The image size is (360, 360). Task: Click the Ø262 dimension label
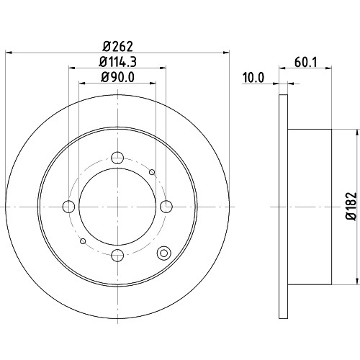pyautogui.click(x=117, y=46)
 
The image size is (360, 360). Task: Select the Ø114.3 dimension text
pyautogui.click(x=117, y=62)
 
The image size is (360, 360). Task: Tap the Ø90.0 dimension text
pyautogui.click(x=117, y=77)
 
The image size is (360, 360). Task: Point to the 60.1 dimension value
pyautogui.click(x=306, y=62)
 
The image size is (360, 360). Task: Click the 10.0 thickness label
pyautogui.click(x=253, y=78)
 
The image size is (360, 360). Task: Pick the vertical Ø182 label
pyautogui.click(x=351, y=206)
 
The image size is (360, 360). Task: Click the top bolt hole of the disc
pyautogui.click(x=117, y=158)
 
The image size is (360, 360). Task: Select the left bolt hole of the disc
pyautogui.click(x=68, y=207)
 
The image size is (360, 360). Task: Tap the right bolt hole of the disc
pyautogui.click(x=166, y=207)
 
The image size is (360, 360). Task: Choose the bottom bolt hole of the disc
pyautogui.click(x=117, y=255)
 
